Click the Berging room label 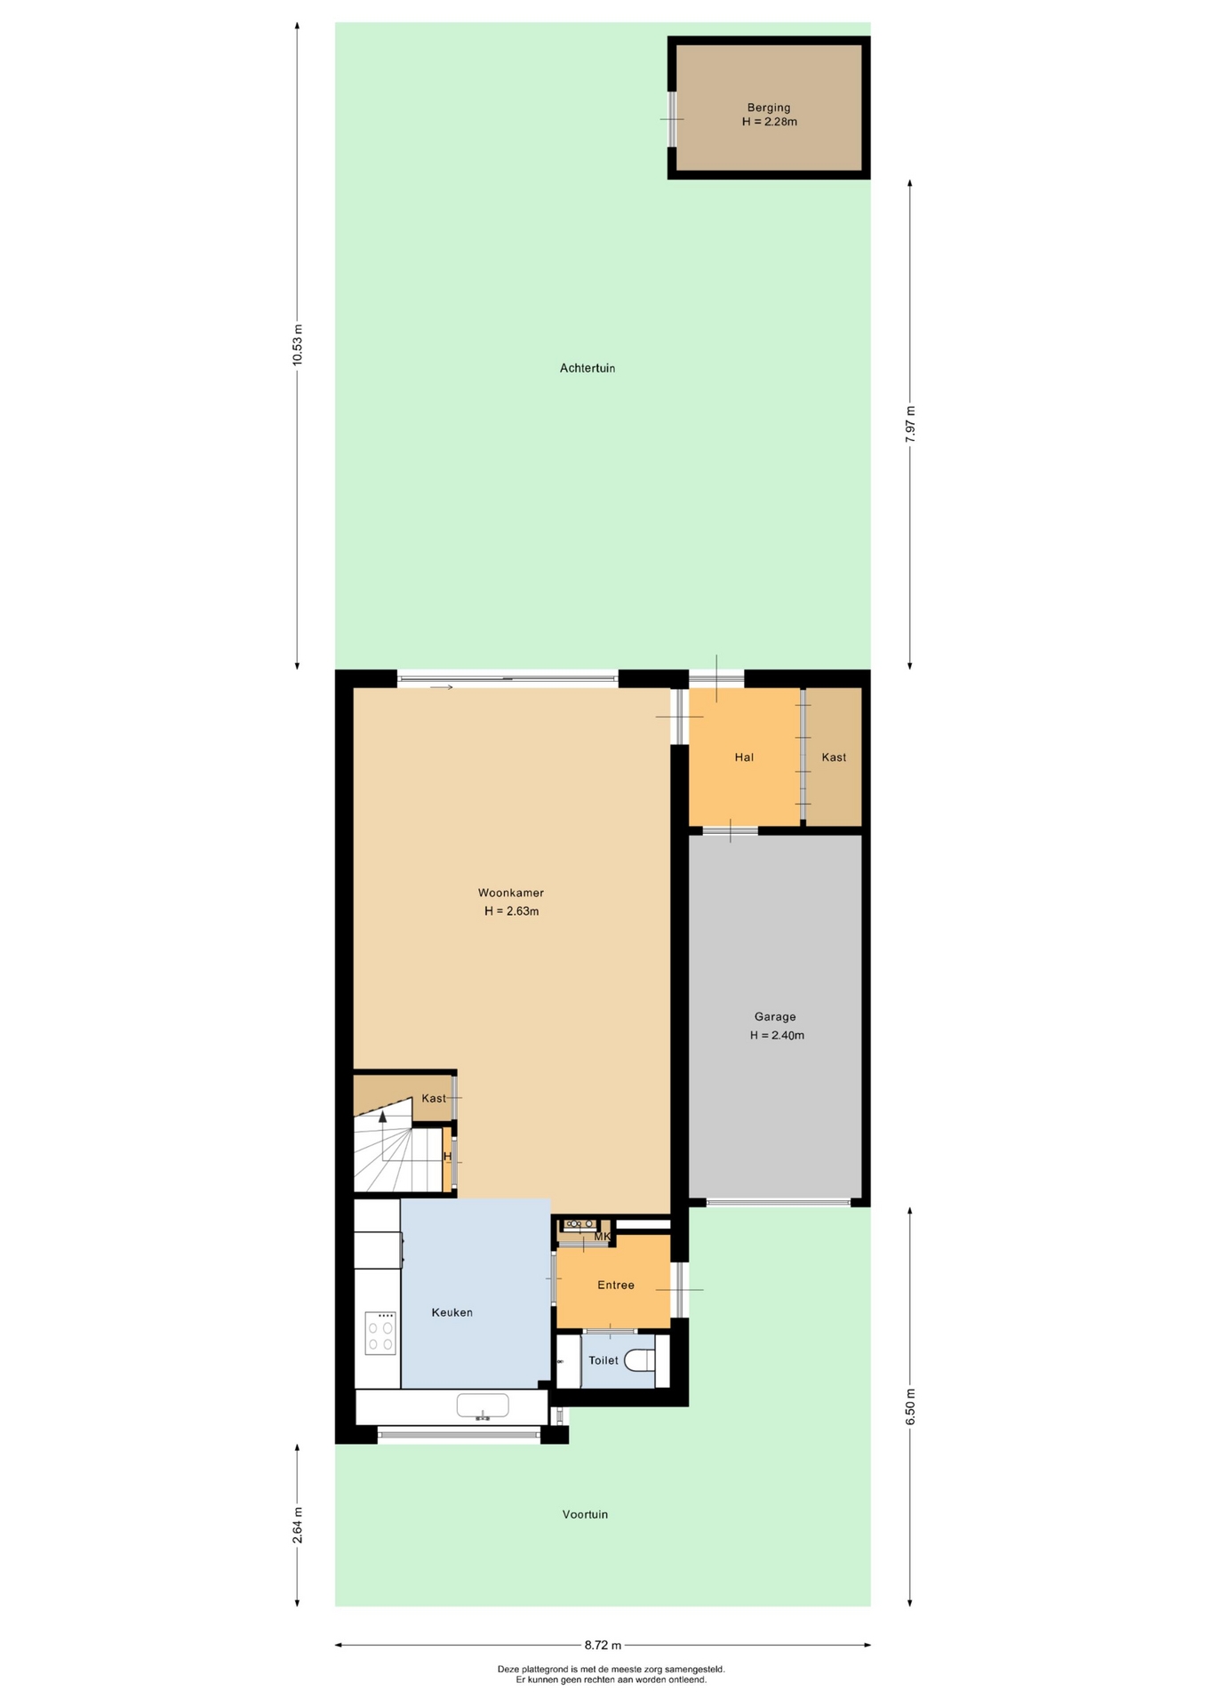(x=769, y=108)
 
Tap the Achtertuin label (x=588, y=368)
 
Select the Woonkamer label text (x=511, y=893)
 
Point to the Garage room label (x=775, y=1016)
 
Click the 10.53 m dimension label (x=298, y=344)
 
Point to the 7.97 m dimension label (x=910, y=424)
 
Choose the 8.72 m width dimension (x=603, y=1645)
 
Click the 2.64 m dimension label (x=298, y=1525)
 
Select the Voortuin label (x=585, y=1514)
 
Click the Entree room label (x=616, y=1285)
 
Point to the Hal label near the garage (x=744, y=757)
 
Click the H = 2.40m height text (x=777, y=1035)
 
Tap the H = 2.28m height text (x=770, y=122)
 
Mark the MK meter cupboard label (x=602, y=1237)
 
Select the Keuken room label (x=452, y=1312)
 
